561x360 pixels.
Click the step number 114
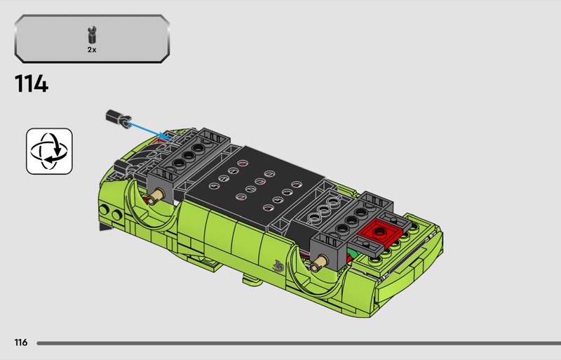point(32,84)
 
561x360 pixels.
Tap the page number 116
point(21,342)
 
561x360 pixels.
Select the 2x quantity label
point(92,50)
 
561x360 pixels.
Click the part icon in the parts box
point(93,35)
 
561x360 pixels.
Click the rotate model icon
point(49,151)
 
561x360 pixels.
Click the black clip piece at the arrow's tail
point(119,118)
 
